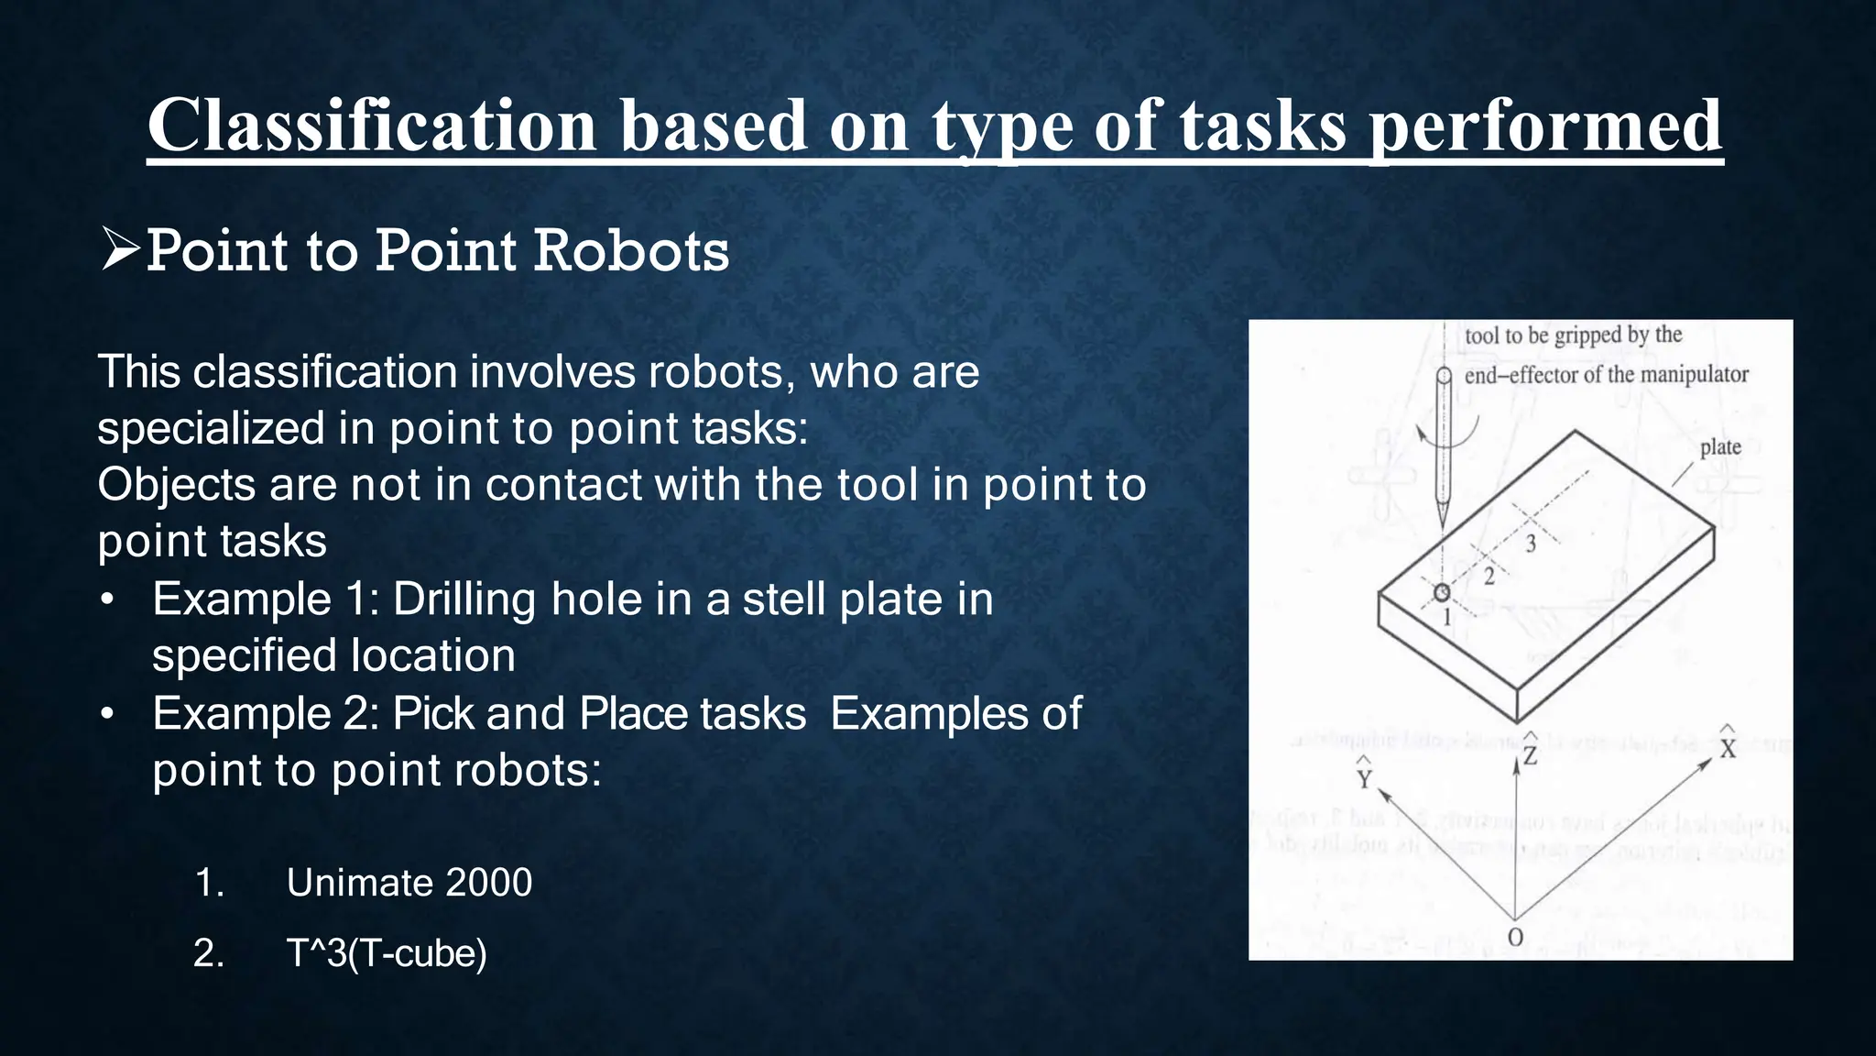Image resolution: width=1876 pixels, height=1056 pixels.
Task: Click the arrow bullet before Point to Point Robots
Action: point(120,250)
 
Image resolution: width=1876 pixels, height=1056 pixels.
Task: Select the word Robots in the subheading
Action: point(631,250)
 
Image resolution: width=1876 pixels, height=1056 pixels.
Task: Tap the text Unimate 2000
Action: point(409,883)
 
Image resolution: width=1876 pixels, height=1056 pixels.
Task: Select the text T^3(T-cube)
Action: point(387,953)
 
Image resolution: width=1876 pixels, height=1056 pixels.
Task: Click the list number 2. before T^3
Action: point(209,953)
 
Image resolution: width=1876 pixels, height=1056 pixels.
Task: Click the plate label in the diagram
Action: point(1720,447)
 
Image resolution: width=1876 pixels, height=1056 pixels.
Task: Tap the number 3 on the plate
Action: point(1531,544)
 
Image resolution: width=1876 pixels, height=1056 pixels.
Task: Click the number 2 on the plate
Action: point(1489,577)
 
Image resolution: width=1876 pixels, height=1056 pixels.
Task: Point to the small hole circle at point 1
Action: point(1443,592)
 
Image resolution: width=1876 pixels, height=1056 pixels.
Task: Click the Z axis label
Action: point(1530,754)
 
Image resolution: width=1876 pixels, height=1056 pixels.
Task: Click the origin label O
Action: point(1515,938)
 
